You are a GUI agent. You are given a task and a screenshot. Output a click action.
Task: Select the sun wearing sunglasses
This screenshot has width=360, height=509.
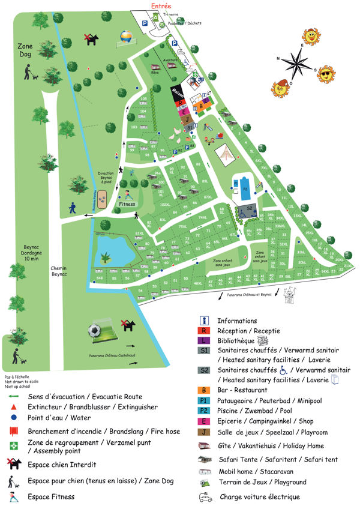point(326,74)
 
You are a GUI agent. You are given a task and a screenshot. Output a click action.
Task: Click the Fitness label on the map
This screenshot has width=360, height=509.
point(127,204)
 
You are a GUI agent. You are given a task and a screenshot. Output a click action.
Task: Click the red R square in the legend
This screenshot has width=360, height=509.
point(204,331)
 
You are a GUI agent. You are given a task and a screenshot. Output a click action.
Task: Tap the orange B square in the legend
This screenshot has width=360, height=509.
point(204,390)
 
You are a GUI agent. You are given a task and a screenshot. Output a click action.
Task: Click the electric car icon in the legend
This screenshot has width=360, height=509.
point(205,497)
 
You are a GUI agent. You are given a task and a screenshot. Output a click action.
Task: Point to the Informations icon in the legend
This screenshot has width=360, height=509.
point(204,321)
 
